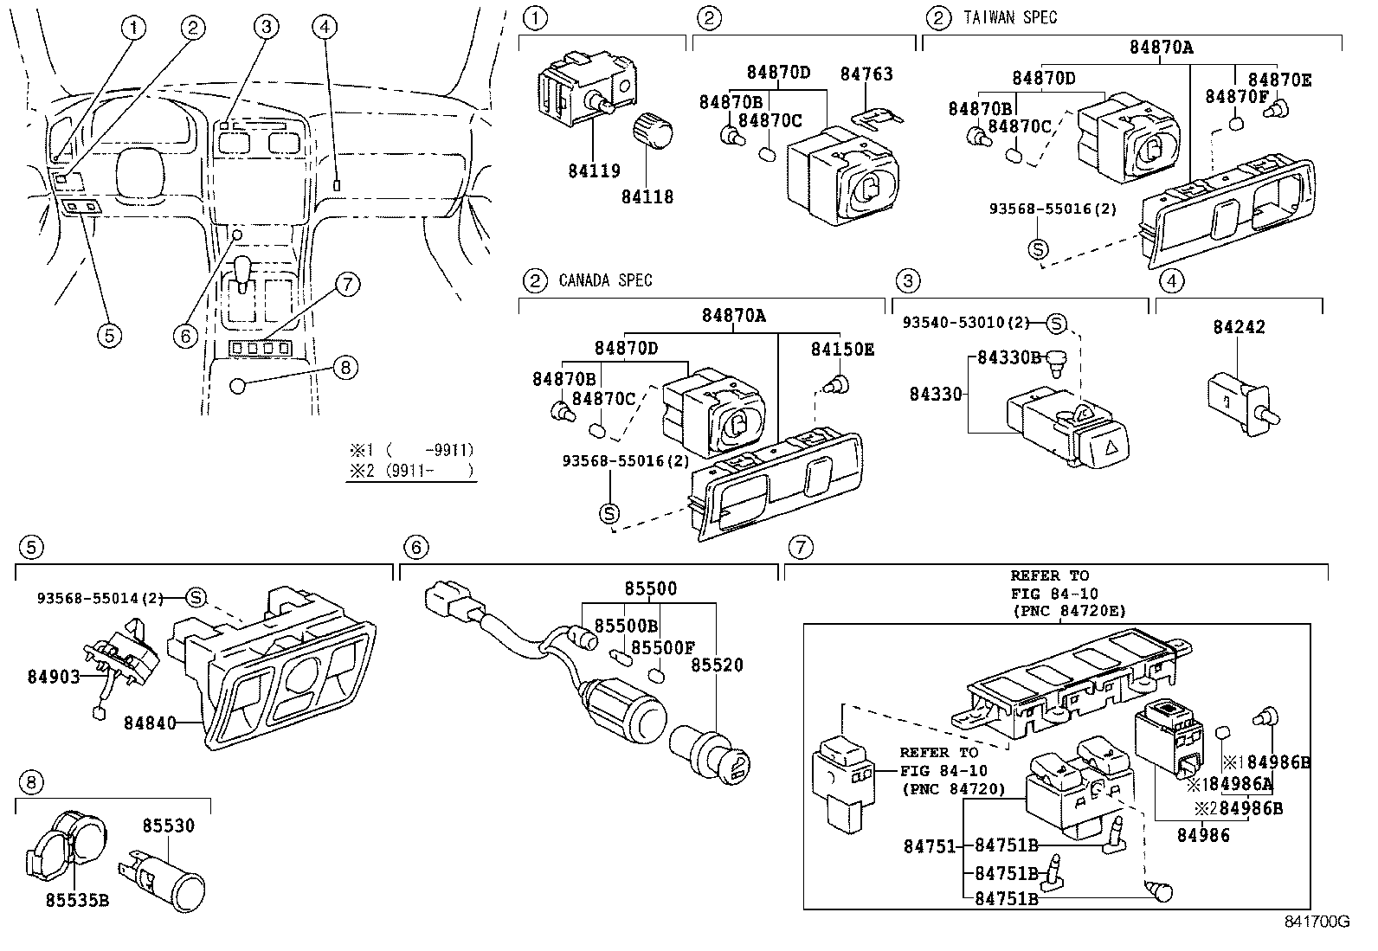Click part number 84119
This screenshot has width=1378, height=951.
click(594, 170)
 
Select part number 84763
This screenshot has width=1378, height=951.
click(866, 74)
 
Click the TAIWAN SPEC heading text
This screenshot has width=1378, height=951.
click(1009, 17)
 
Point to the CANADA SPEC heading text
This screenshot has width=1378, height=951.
click(605, 280)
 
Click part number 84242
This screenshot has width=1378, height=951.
click(1239, 327)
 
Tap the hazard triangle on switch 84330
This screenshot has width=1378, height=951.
click(1107, 447)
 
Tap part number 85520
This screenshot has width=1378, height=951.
click(718, 665)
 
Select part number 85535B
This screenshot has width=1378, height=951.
click(77, 900)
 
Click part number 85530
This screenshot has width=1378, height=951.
click(169, 826)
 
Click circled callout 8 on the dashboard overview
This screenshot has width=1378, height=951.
click(344, 368)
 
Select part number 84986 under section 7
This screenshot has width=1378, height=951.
click(1202, 835)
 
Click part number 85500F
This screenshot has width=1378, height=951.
click(662, 646)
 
